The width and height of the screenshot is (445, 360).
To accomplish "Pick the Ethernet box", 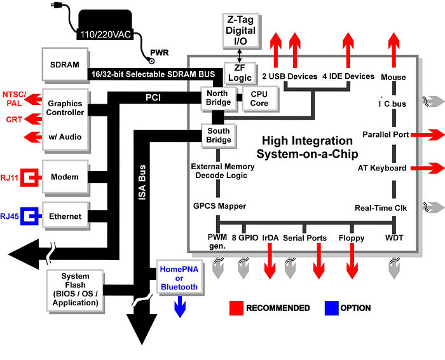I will point(65,216).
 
